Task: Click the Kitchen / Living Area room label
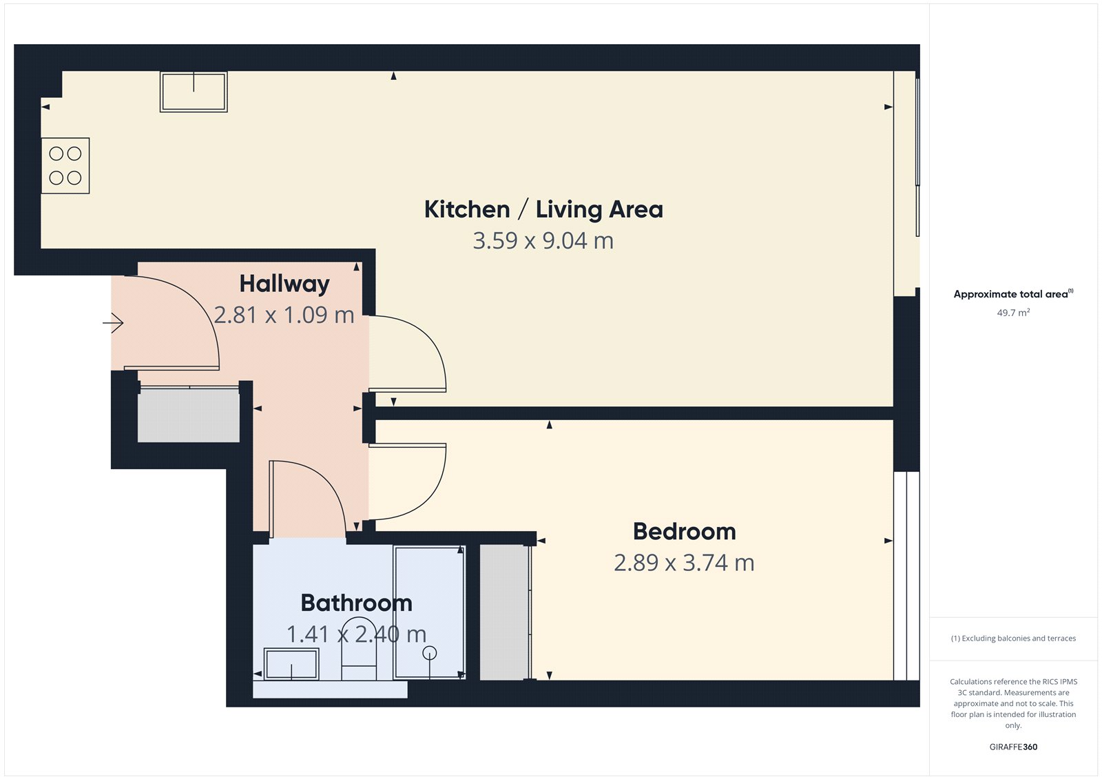(543, 209)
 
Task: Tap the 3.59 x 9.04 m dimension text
(543, 241)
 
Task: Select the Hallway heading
(284, 284)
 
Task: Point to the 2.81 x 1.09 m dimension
(284, 315)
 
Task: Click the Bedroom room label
(684, 532)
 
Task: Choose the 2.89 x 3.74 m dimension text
(684, 563)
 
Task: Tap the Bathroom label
(356, 603)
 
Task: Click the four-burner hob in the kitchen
(65, 166)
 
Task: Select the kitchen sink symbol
(194, 92)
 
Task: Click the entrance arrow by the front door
(114, 322)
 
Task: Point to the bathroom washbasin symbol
(291, 665)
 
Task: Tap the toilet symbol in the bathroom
(359, 651)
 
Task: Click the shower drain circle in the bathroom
(430, 653)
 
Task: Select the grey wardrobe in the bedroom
(504, 612)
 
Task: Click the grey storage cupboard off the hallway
(188, 415)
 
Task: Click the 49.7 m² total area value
(1013, 313)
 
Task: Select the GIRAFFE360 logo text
(1013, 747)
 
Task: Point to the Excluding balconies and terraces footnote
(1013, 638)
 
